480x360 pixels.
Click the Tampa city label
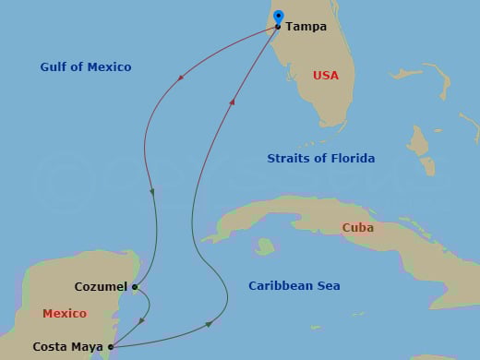(x=306, y=27)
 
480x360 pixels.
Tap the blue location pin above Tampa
(x=279, y=17)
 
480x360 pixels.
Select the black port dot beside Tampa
(x=278, y=27)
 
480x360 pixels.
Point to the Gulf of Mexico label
(x=86, y=67)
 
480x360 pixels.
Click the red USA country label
(x=326, y=76)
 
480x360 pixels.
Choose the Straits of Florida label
(x=320, y=159)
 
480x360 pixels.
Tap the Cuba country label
(x=357, y=228)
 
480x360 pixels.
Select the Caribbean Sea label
(x=294, y=286)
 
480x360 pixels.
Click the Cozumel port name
(x=102, y=287)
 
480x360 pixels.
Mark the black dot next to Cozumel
(x=135, y=287)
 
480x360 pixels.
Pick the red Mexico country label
(x=65, y=314)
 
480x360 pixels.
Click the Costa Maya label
(x=67, y=347)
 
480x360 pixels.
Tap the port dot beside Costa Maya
(x=111, y=347)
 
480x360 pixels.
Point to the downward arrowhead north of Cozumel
(x=152, y=192)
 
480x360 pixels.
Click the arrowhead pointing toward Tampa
(x=233, y=102)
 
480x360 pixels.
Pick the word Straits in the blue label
(x=287, y=159)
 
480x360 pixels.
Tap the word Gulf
(x=54, y=67)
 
